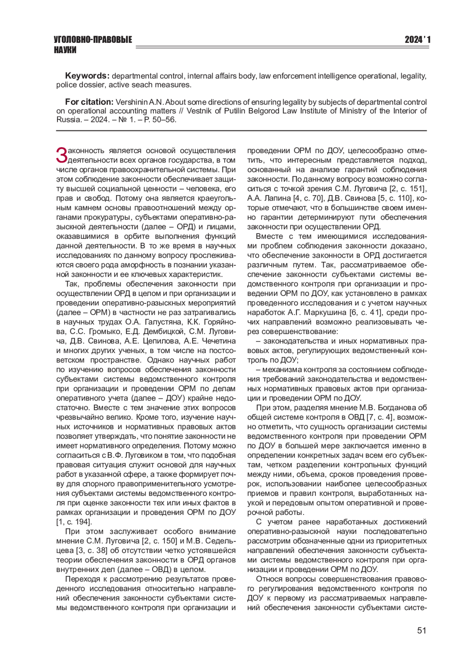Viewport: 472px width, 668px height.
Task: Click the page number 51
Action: pos(421,630)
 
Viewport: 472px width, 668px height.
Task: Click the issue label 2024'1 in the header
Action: pos(417,40)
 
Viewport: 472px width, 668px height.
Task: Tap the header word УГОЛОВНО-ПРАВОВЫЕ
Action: pos(93,40)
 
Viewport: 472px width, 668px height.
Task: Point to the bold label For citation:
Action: pos(89,102)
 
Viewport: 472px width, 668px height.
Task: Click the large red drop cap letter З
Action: pos(62,155)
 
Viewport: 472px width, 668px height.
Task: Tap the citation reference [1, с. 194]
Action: pos(74,522)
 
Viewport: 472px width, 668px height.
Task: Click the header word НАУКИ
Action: pos(65,50)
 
